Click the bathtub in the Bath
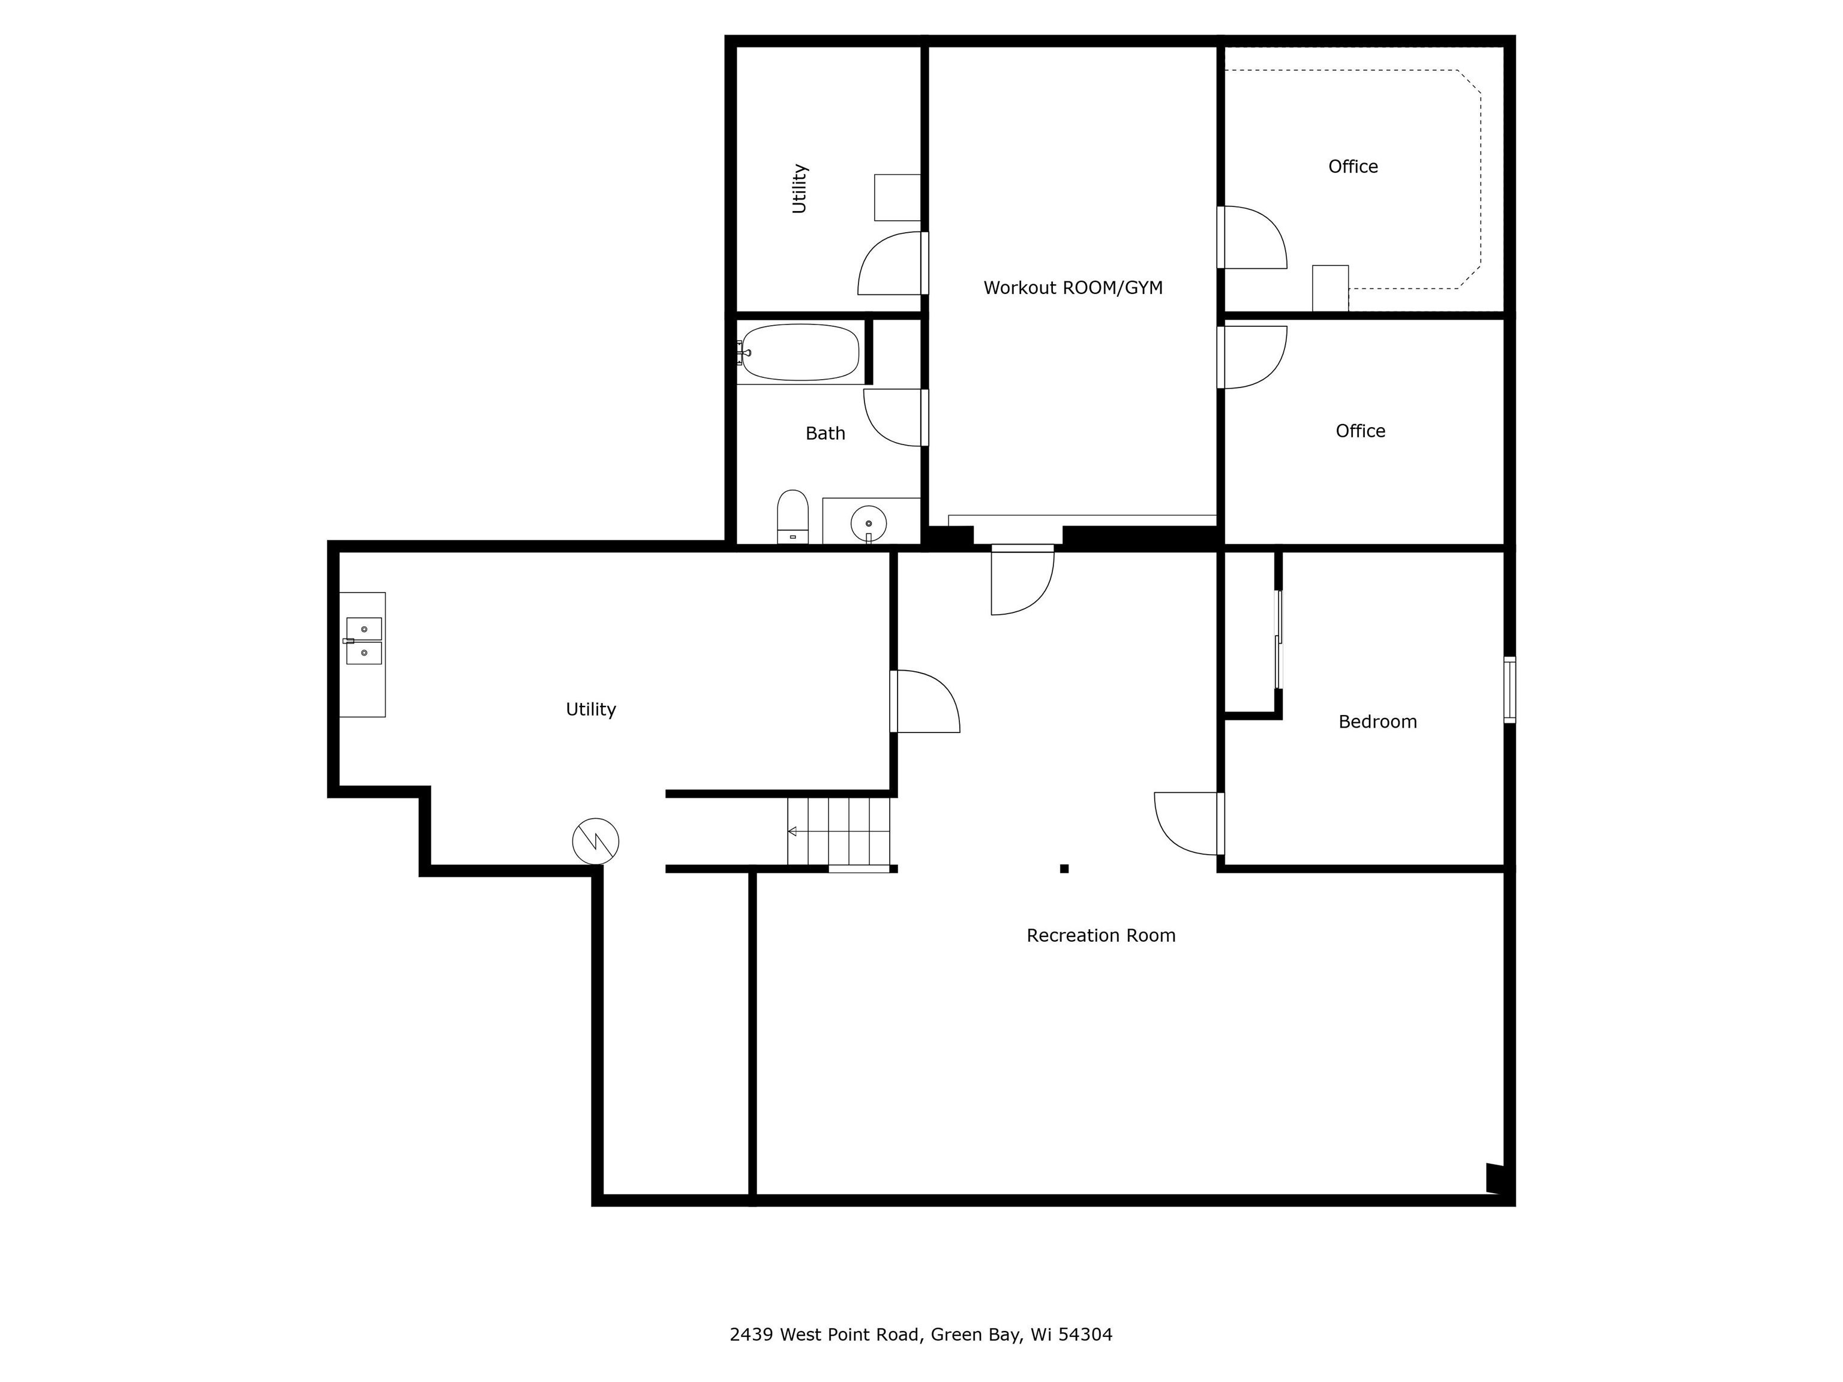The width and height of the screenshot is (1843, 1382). tap(800, 352)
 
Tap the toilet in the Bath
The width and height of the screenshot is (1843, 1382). tap(793, 516)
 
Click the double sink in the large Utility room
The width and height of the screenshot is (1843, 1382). tap(364, 641)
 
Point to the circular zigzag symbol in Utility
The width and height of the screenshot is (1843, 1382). tap(596, 840)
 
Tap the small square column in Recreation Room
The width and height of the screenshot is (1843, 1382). tap(1064, 869)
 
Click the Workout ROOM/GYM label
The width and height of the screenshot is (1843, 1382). tap(1073, 289)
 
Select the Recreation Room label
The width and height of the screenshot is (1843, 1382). tap(1101, 936)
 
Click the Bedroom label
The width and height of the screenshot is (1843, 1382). tap(1377, 722)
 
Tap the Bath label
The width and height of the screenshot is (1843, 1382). tap(825, 433)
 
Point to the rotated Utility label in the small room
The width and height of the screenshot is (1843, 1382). tap(799, 188)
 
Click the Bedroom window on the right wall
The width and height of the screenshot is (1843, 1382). tap(1509, 689)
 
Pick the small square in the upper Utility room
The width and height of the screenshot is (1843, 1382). tap(898, 197)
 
